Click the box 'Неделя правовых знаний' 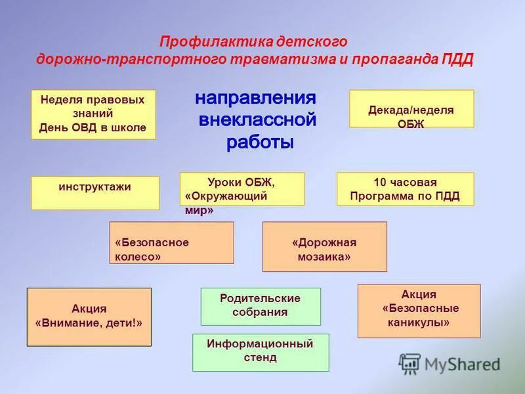pos(93,114)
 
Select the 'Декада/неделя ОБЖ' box pos(411,108)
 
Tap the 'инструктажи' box pos(95,192)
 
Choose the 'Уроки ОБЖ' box pos(241,188)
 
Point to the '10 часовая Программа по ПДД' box pos(405,188)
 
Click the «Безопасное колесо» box pos(171,242)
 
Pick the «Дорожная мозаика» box pos(324,246)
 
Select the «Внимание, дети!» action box pos(89,317)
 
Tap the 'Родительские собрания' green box pos(261,306)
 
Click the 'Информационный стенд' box pos(261,352)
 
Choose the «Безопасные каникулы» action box pos(419,310)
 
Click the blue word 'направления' pos(255,98)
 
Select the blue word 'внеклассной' pos(257,121)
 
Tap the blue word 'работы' pos(260,142)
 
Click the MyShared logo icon pos(410,363)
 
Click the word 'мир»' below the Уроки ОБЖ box pos(199,211)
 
